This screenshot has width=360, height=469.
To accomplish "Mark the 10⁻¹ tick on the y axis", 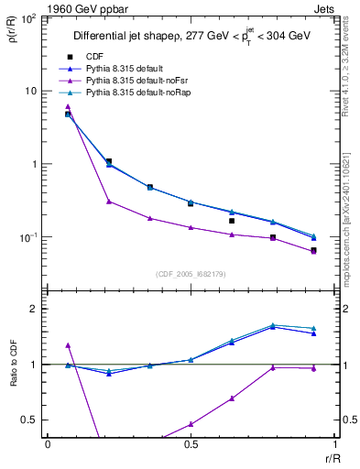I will click(x=27, y=237).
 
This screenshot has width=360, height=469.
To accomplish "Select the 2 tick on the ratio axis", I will click(x=34, y=309).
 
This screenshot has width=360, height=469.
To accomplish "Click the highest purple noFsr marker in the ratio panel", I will click(x=68, y=345).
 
